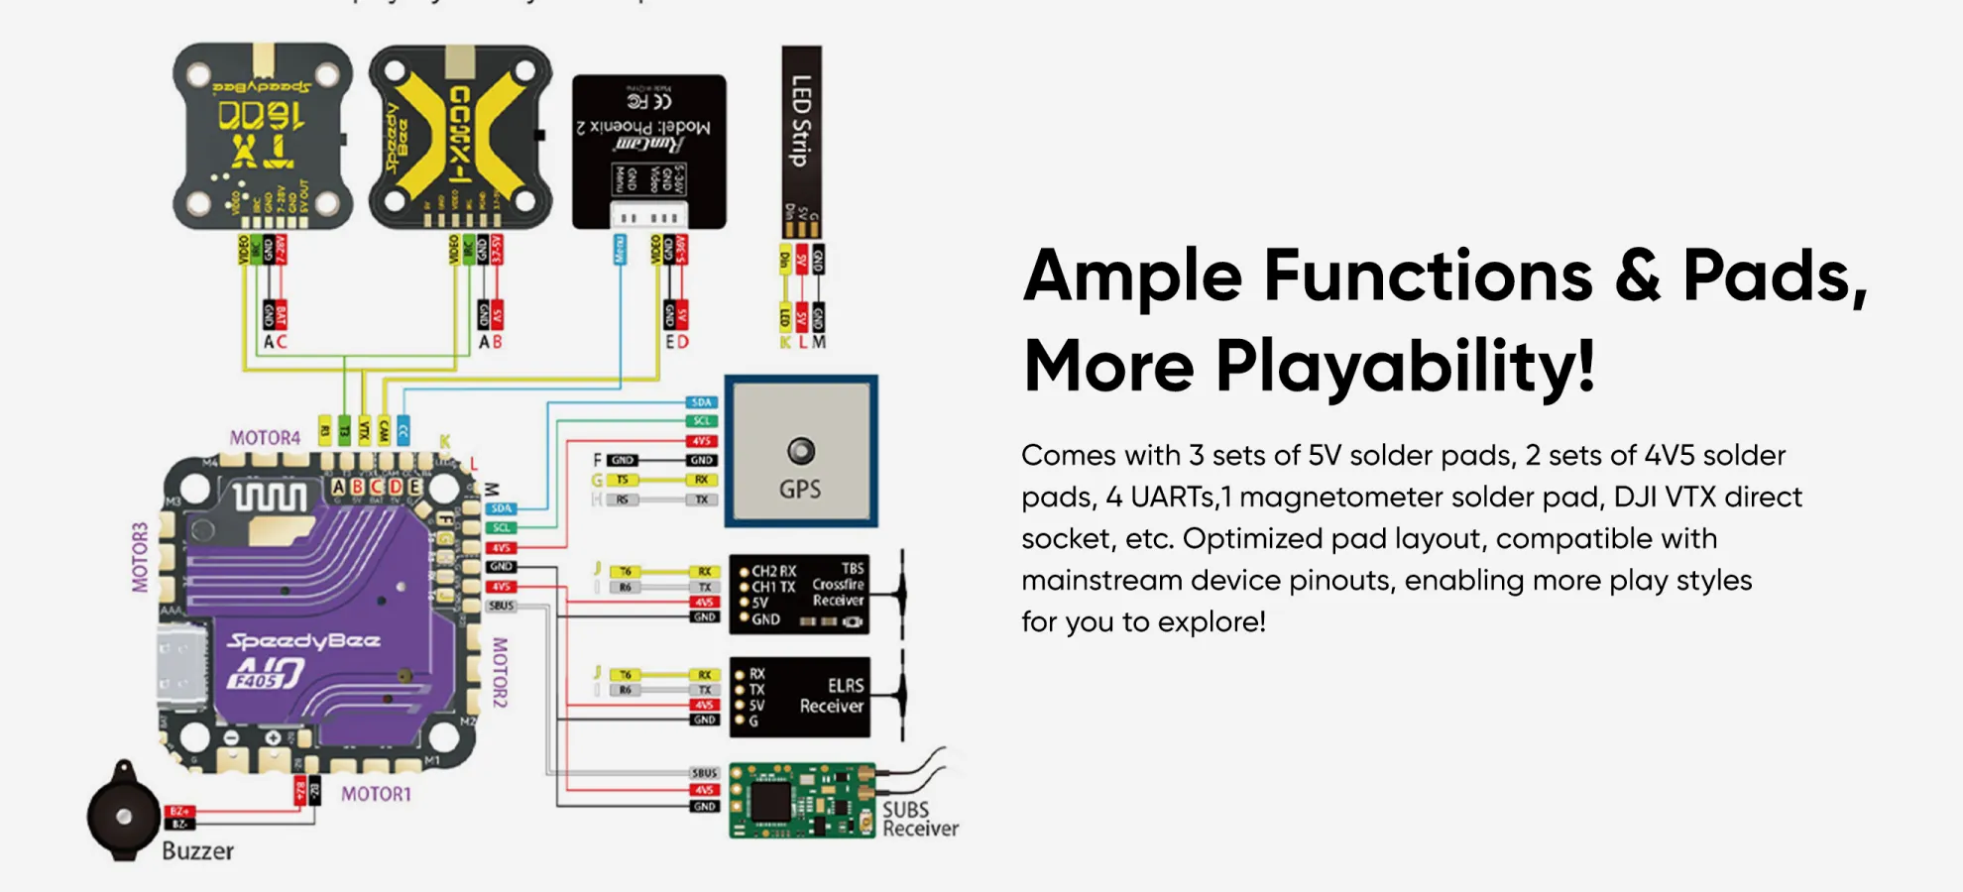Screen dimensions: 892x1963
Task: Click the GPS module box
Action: pyautogui.click(x=800, y=451)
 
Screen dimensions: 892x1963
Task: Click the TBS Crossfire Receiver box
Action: pyautogui.click(x=799, y=594)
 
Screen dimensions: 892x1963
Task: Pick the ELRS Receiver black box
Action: pyautogui.click(x=799, y=697)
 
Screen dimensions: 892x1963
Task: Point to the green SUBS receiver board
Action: pyautogui.click(x=801, y=800)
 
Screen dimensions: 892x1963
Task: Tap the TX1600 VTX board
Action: pyautogui.click(x=262, y=136)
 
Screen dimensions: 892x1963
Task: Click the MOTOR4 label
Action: pyautogui.click(x=265, y=437)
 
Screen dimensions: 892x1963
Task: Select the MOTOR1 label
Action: pyautogui.click(x=376, y=794)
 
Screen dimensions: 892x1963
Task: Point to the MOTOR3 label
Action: pyautogui.click(x=140, y=557)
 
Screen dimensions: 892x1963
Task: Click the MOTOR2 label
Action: pyautogui.click(x=500, y=672)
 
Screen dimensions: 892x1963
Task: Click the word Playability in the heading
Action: pyautogui.click(x=1405, y=366)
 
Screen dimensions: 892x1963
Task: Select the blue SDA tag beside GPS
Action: pyautogui.click(x=702, y=402)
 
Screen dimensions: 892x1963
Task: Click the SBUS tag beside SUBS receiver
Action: pyautogui.click(x=704, y=773)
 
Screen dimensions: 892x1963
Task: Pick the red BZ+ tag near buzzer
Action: pyautogui.click(x=178, y=812)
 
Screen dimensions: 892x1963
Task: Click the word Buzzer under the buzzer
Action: pyautogui.click(x=197, y=851)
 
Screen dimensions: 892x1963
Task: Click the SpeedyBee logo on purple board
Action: pyautogui.click(x=303, y=641)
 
